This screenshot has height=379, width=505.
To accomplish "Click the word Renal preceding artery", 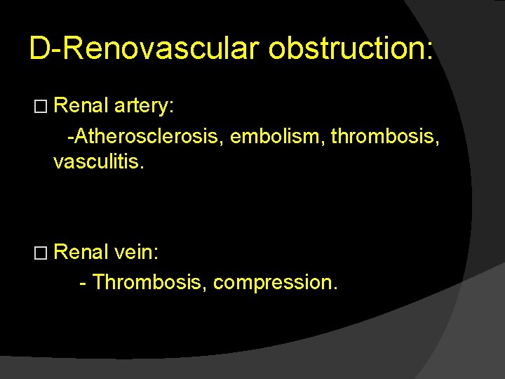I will coord(80,106).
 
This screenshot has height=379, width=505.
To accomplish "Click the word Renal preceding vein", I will coord(80,251).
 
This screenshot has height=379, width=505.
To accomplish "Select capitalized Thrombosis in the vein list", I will coord(149,282).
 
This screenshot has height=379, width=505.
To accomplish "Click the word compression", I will coord(274,283).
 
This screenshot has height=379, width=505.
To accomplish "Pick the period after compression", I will coord(336,288).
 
